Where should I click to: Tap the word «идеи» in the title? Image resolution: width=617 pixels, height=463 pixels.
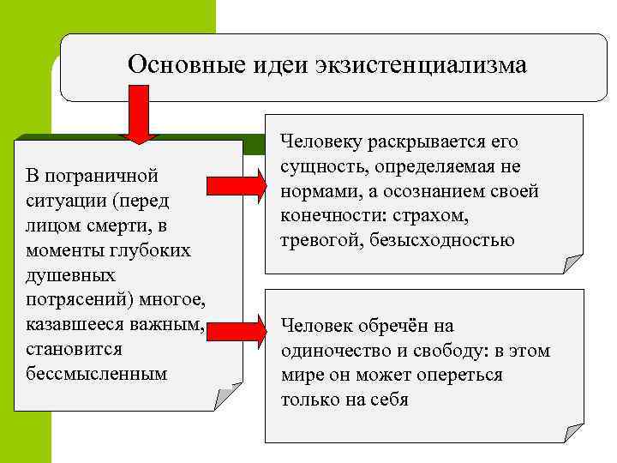pyautogui.click(x=273, y=65)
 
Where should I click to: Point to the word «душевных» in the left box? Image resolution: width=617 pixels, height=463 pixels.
pyautogui.click(x=64, y=275)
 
